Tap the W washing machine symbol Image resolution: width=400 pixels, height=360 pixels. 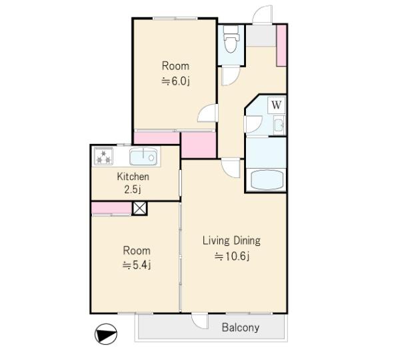[277, 105]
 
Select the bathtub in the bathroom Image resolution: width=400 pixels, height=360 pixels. [267, 179]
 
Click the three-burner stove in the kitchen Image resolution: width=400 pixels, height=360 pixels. [103, 156]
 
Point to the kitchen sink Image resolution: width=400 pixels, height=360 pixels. [143, 157]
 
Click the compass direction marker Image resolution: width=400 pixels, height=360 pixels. [106, 334]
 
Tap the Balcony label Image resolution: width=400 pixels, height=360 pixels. [241, 327]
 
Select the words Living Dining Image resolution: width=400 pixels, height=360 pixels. [231, 241]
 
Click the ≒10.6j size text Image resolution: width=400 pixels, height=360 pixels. [232, 256]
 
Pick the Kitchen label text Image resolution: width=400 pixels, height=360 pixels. [133, 177]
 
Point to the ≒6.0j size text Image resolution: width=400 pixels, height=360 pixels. [176, 81]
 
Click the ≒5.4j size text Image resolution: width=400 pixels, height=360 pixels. [137, 265]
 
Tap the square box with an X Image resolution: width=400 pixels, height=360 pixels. [140, 209]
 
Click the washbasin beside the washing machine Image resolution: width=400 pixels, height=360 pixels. [279, 125]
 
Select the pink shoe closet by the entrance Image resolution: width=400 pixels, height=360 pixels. [281, 45]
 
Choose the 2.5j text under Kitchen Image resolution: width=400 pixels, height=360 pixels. [133, 189]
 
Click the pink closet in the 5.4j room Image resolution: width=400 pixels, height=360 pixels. [111, 208]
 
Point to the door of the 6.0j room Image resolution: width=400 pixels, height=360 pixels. [207, 113]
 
